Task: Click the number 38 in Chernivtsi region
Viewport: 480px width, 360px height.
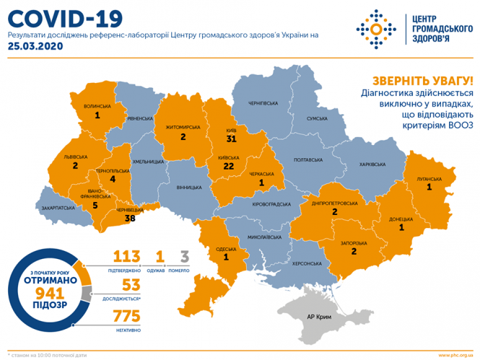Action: click(x=131, y=216)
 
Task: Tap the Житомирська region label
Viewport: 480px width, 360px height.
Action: click(x=183, y=126)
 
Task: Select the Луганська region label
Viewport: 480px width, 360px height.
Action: click(x=428, y=177)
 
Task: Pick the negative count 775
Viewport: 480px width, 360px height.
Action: click(x=126, y=317)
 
